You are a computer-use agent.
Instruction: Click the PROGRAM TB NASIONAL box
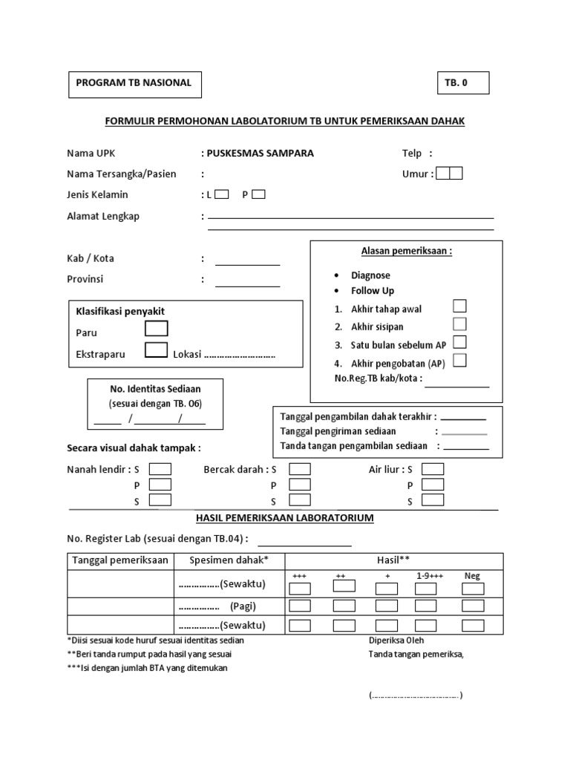[134, 83]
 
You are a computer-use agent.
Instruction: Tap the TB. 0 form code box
[462, 83]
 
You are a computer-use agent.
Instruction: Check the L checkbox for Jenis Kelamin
[221, 195]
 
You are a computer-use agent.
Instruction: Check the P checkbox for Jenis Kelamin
[258, 195]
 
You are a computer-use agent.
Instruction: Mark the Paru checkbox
[157, 329]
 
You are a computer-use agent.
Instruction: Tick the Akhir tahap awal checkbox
[459, 306]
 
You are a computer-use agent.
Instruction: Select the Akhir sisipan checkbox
[459, 324]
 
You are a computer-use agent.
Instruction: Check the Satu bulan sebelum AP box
[459, 342]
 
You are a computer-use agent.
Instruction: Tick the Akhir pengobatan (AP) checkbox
[459, 361]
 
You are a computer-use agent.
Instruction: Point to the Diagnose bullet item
[370, 275]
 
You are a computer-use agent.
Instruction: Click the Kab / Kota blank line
[247, 263]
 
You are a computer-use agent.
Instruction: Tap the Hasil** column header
[393, 560]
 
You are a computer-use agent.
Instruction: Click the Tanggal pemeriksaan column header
[120, 560]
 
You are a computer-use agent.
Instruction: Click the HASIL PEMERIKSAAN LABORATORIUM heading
[284, 517]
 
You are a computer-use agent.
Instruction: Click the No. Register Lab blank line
[304, 544]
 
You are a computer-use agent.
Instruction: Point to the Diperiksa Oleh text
[397, 640]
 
